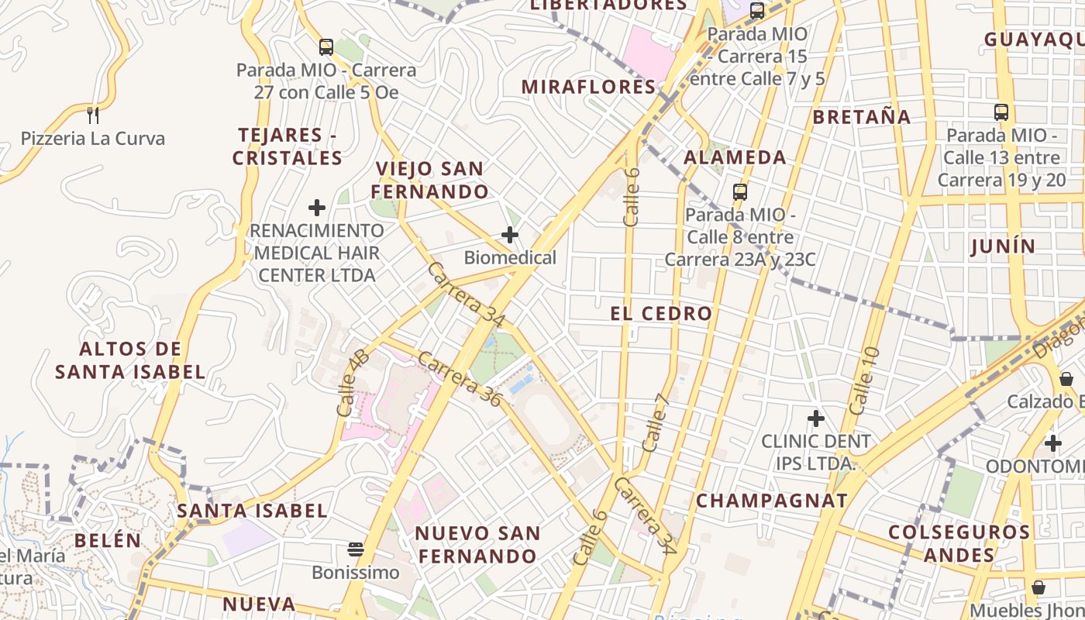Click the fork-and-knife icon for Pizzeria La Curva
93,115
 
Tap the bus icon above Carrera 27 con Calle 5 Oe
325,46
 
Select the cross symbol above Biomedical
510,235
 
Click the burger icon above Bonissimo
356,550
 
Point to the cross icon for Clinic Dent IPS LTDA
815,418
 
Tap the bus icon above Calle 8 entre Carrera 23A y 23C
740,191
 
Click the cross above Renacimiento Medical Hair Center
316,208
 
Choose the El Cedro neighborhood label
661,314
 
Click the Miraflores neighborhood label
589,87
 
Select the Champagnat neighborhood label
772,501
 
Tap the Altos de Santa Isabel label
130,360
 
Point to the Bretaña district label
862,117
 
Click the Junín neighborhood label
1003,246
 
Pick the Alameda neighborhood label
735,157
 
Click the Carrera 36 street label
461,378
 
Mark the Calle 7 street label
656,423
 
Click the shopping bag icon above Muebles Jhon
1038,587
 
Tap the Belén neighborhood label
108,540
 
